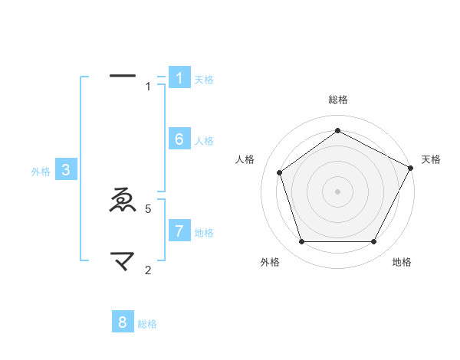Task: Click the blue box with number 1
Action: click(179, 77)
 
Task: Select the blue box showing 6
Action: click(179, 139)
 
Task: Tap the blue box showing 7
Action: click(179, 231)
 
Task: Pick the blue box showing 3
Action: click(66, 170)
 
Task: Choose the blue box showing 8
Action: click(123, 322)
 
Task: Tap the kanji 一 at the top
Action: click(123, 76)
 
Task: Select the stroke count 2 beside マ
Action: click(148, 270)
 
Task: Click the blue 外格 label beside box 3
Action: click(41, 172)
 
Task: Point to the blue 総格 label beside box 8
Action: click(147, 324)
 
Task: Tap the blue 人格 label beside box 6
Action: click(204, 141)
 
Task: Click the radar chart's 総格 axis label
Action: click(337, 100)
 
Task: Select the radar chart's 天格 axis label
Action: click(432, 159)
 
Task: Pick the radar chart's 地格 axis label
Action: click(402, 262)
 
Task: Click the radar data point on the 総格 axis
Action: click(337, 131)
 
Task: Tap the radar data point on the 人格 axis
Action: click(280, 172)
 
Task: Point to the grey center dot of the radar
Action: click(337, 191)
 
